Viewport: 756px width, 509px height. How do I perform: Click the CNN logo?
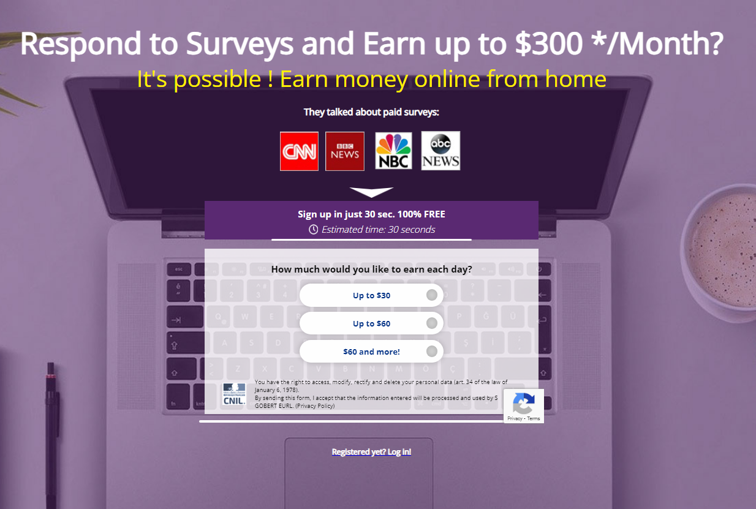click(299, 151)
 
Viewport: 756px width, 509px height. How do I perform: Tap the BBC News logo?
click(344, 151)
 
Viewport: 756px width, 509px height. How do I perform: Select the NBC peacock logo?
click(393, 151)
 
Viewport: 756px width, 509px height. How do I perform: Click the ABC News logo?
click(440, 151)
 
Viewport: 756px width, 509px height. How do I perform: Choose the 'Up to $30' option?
click(371, 295)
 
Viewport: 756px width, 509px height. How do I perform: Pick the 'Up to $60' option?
click(371, 323)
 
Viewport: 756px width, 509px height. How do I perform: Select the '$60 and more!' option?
click(371, 352)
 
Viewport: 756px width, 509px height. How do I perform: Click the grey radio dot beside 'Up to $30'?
click(432, 295)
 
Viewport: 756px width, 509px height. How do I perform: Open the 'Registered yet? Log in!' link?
click(371, 451)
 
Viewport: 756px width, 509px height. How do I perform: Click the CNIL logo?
click(234, 394)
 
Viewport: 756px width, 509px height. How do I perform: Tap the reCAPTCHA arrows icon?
click(523, 403)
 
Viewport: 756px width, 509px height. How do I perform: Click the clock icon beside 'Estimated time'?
click(313, 230)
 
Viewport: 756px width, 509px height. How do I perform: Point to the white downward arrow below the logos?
click(371, 191)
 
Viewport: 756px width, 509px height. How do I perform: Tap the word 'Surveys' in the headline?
click(240, 44)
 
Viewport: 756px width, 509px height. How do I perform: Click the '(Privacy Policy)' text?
click(315, 405)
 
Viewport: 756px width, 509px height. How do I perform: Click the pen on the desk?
click(51, 435)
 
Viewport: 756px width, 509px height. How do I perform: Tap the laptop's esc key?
click(179, 270)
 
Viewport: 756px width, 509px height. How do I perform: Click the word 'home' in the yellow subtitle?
click(575, 79)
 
